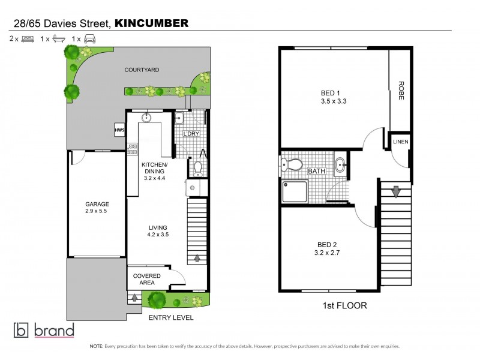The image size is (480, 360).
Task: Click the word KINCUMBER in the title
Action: (151, 23)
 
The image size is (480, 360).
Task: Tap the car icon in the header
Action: (89, 38)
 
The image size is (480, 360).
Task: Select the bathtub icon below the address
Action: (58, 38)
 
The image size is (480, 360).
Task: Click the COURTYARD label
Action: (142, 70)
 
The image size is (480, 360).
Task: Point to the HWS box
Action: (119, 130)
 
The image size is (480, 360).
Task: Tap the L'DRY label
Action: (191, 134)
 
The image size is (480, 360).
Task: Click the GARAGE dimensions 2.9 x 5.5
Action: (97, 212)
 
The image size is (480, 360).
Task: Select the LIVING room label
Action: (158, 227)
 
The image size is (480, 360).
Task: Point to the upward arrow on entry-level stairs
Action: (197, 259)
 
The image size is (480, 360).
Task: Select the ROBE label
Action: (401, 90)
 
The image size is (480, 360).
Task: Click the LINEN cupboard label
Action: (400, 142)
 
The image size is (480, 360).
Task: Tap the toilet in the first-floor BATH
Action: (293, 164)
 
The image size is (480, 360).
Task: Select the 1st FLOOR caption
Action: (344, 305)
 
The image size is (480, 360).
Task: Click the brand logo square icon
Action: (22, 330)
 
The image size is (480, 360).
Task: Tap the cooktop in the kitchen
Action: (133, 148)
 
